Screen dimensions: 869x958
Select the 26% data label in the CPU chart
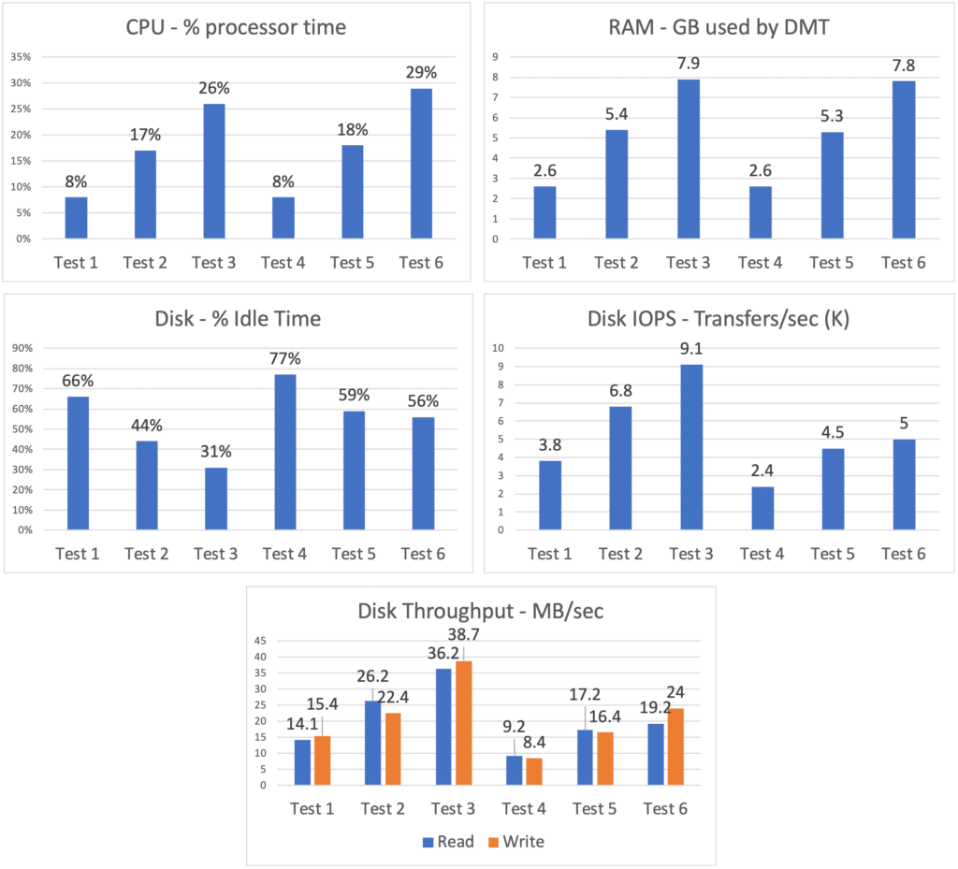(214, 89)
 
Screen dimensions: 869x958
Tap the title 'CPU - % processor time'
(236, 27)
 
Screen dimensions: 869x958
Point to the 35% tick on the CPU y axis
(20, 57)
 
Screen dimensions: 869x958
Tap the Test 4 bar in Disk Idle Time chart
(283, 452)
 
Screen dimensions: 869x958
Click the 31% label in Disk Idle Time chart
(214, 452)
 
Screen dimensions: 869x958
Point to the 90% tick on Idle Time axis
(20, 348)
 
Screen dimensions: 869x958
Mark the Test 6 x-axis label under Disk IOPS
(903, 554)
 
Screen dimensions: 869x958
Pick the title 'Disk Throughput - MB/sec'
(481, 612)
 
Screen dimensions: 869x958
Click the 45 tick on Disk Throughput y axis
(261, 642)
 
